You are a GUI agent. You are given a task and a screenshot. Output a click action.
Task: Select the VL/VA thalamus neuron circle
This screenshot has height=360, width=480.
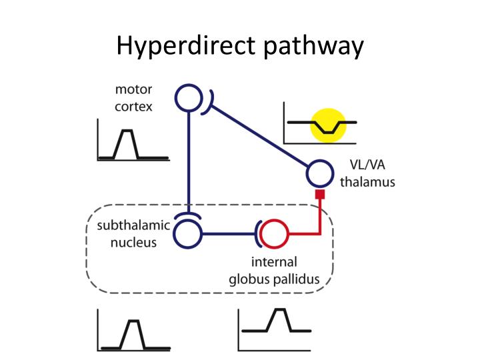[x=319, y=173]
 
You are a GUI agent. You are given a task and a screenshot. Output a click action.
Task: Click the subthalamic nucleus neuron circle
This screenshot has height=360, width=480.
[x=189, y=234]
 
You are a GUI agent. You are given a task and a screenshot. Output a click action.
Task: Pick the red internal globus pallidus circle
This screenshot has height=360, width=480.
[x=273, y=234]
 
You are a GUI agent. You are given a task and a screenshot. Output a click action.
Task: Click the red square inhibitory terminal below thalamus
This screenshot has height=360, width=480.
[x=320, y=195]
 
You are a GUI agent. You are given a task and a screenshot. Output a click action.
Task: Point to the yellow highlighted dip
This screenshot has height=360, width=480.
[x=329, y=126]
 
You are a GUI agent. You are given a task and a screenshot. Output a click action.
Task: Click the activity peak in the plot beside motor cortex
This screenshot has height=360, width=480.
[x=126, y=133]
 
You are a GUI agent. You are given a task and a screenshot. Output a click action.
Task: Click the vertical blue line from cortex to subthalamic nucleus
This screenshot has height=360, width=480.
[x=189, y=160]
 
